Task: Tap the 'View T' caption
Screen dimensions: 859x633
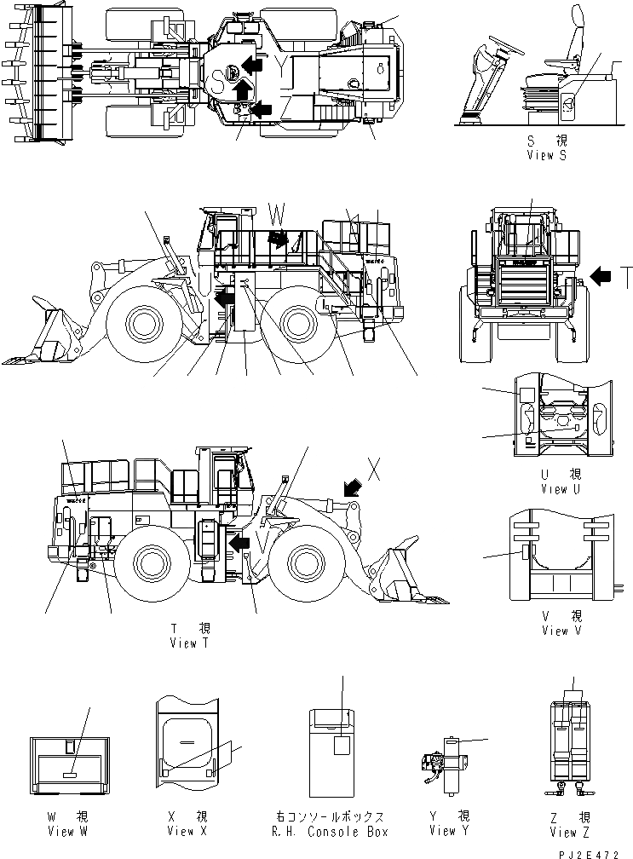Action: click(188, 643)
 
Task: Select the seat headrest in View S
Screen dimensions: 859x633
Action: click(575, 17)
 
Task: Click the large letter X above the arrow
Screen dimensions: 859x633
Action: click(372, 466)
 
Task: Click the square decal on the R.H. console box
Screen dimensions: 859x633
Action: click(342, 745)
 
